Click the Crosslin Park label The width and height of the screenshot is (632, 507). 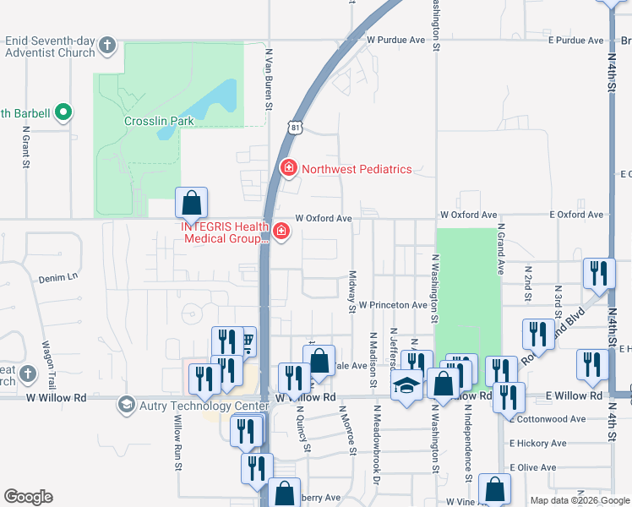tap(159, 121)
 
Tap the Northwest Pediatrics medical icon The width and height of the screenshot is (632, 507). tap(288, 169)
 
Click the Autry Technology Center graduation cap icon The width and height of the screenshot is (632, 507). tap(127, 405)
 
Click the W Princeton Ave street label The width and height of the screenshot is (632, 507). tap(393, 305)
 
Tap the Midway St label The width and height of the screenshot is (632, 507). tap(351, 292)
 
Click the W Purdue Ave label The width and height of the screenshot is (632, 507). tap(395, 40)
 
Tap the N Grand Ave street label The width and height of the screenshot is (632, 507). tap(501, 248)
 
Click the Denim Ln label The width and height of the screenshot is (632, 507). tap(60, 276)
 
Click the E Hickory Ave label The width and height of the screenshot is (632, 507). tap(537, 443)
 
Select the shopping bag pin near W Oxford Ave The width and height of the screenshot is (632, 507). tap(192, 204)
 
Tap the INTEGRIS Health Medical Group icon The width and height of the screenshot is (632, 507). tap(280, 232)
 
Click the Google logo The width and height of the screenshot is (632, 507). tap(28, 497)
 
